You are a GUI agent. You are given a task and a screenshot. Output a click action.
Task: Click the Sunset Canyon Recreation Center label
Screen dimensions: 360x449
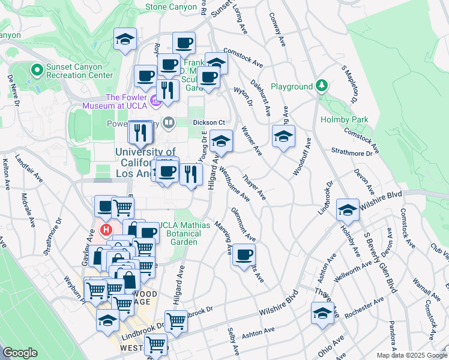click(73, 71)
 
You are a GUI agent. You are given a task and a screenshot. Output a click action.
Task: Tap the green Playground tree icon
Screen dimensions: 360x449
click(322, 86)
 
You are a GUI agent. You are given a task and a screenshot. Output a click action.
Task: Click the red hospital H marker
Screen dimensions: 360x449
click(106, 230)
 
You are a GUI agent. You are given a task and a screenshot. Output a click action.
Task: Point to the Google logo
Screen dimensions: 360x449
click(20, 353)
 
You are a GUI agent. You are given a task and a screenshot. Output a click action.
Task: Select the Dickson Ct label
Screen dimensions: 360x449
click(208, 122)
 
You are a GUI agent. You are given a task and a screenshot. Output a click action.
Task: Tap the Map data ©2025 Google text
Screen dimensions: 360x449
click(412, 355)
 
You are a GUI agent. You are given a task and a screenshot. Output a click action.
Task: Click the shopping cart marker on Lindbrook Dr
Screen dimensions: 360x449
click(175, 322)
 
